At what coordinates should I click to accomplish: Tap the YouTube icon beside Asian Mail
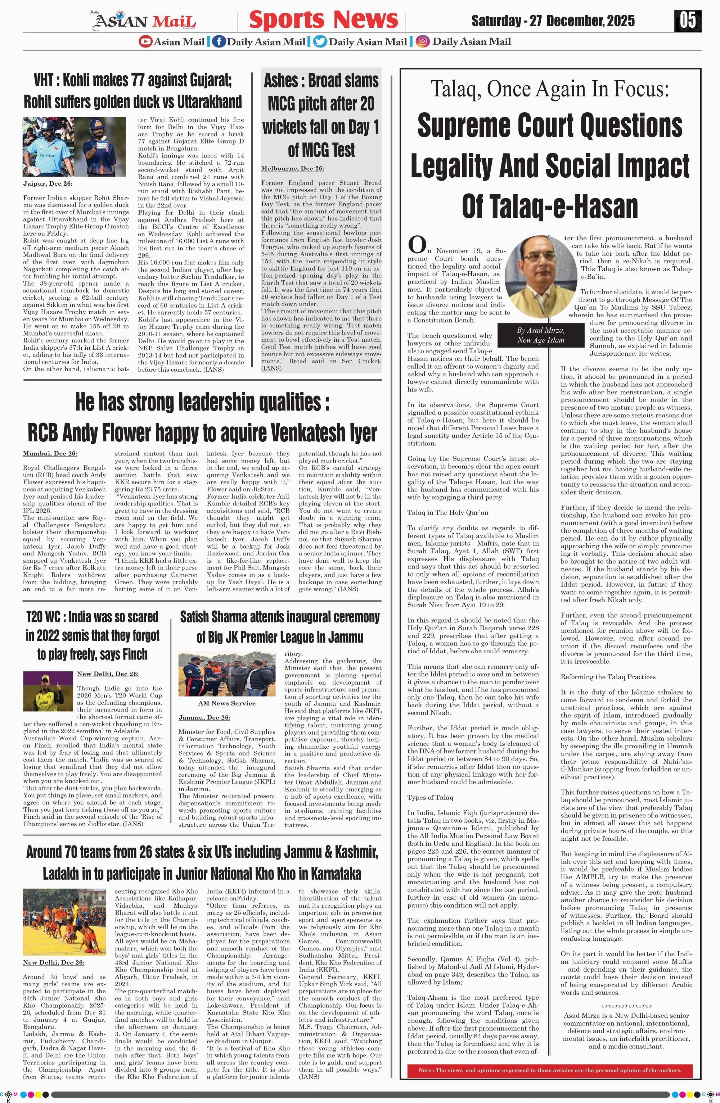[x=145, y=42]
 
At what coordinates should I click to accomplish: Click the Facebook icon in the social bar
[x=219, y=42]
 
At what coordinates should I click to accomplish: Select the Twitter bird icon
[x=320, y=42]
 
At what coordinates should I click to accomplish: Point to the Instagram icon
[x=422, y=42]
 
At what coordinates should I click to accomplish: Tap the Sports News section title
[x=323, y=20]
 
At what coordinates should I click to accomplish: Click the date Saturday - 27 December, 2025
[x=553, y=21]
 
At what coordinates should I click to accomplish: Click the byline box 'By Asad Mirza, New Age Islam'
[x=541, y=335]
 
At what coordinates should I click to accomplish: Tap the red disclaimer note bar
[x=549, y=1070]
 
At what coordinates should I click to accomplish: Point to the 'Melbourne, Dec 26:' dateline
[x=293, y=168]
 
